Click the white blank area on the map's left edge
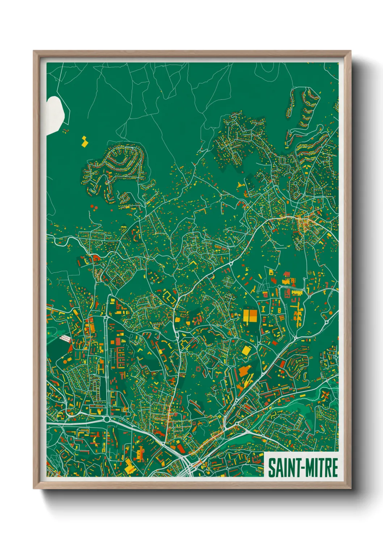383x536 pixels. click(x=55, y=114)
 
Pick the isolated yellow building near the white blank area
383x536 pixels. click(x=84, y=142)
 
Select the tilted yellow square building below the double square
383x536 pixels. click(x=246, y=350)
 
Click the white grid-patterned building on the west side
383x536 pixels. click(x=65, y=339)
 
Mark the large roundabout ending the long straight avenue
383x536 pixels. click(x=107, y=419)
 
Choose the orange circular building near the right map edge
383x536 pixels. click(x=330, y=312)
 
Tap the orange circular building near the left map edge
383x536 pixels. click(x=65, y=361)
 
